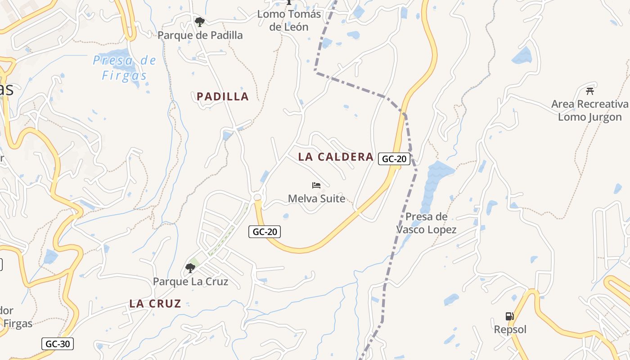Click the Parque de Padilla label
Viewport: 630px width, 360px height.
200,35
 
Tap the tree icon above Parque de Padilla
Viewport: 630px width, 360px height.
199,21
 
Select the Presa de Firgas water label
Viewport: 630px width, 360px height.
125,67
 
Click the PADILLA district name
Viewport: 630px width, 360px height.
223,96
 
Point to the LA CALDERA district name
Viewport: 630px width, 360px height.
336,157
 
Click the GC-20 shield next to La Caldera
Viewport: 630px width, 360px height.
394,159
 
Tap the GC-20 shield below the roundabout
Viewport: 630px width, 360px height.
265,232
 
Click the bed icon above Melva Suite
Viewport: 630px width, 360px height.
316,185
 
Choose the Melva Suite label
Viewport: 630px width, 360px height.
316,198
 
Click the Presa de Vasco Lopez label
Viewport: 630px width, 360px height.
426,223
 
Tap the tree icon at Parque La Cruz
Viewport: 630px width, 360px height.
190,268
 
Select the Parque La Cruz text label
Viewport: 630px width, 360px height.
190,282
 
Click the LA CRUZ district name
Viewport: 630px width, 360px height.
155,303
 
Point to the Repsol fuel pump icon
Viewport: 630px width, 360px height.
509,316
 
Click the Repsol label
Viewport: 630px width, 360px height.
510,329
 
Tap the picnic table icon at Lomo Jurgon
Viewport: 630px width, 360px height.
589,91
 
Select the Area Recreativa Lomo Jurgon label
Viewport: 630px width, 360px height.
589,111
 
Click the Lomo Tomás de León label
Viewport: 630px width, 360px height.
289,20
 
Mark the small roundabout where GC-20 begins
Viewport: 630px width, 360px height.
258,198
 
